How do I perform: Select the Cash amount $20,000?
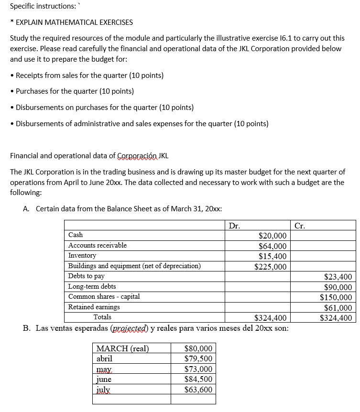tap(272, 236)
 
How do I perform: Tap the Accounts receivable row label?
tap(98, 245)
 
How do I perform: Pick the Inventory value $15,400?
tap(272, 256)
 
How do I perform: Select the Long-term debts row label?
tap(92, 286)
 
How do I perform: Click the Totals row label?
tap(102, 317)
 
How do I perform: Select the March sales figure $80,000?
tap(198, 348)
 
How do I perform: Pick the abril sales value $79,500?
tap(198, 358)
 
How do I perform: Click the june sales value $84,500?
tap(198, 379)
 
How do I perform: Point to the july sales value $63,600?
tap(198, 389)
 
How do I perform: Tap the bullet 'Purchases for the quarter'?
tap(75, 91)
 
